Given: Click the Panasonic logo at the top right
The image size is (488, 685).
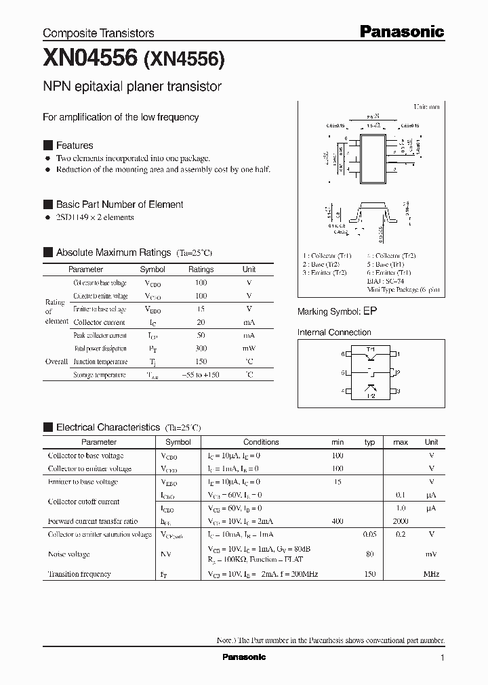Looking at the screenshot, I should (x=401, y=31).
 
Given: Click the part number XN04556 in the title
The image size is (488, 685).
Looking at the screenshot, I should (x=90, y=60).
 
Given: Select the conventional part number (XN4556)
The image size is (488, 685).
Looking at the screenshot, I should (x=184, y=60).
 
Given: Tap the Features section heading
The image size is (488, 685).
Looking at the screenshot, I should (x=75, y=146).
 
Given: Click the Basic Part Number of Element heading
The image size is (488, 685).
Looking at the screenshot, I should (x=119, y=204).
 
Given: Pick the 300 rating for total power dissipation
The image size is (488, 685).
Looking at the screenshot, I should (x=201, y=349).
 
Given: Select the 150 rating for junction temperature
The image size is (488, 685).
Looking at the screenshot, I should (x=201, y=361).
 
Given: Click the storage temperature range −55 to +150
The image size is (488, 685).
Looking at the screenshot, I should (x=201, y=375).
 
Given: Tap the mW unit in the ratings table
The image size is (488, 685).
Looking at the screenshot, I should (x=249, y=349).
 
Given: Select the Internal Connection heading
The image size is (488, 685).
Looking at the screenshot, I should (x=334, y=332).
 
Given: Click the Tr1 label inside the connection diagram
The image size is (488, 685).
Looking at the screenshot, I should (x=371, y=349).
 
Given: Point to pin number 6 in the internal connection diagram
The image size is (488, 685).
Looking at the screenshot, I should (x=344, y=354).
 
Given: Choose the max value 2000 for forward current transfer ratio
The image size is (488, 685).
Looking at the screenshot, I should (x=400, y=521).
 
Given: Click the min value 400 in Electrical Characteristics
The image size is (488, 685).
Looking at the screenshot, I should (x=338, y=521).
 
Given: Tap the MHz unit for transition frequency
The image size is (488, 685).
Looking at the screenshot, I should (x=431, y=574).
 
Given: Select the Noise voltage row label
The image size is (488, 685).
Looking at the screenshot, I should (x=68, y=554).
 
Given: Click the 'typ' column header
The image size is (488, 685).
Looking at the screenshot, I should (x=369, y=442).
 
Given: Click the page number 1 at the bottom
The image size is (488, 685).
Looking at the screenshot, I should (x=442, y=657).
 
